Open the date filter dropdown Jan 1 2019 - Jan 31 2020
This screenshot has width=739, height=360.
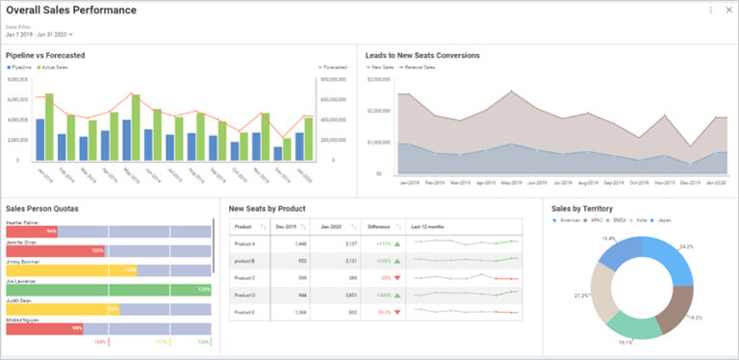pyautogui.click(x=39, y=34)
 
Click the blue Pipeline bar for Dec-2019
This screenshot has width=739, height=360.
pyautogui.click(x=277, y=153)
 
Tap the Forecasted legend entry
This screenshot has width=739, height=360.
pyautogui.click(x=334, y=67)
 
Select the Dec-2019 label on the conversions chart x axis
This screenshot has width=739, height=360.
pyautogui.click(x=689, y=182)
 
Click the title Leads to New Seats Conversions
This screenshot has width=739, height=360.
pyautogui.click(x=422, y=55)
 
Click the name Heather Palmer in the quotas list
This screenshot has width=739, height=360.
pyautogui.click(x=23, y=222)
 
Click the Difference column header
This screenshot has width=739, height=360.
pyautogui.click(x=379, y=226)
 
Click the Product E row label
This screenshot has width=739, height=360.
pyautogui.click(x=244, y=312)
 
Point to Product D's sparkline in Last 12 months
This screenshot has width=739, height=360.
pyautogui.click(x=465, y=295)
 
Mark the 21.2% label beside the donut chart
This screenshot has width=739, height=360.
pyautogui.click(x=582, y=295)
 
